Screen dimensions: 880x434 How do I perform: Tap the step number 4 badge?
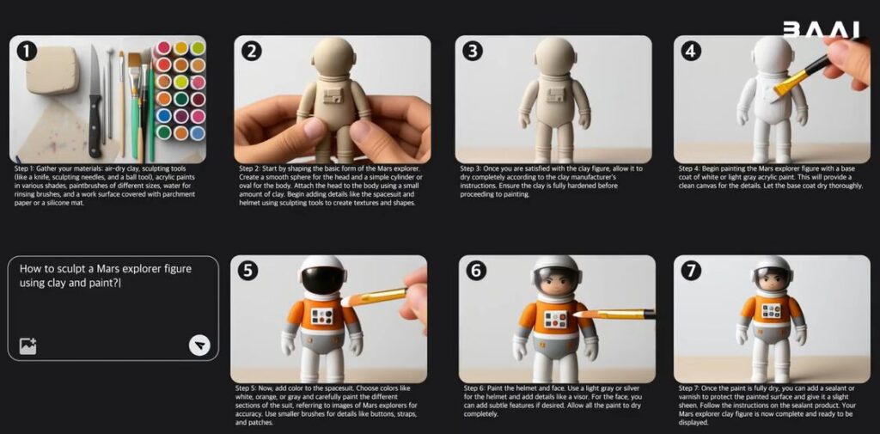(x=691, y=51)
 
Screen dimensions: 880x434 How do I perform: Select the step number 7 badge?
(x=691, y=271)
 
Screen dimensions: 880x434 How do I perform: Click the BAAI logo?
(x=821, y=30)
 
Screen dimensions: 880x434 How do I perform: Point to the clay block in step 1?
(x=52, y=69)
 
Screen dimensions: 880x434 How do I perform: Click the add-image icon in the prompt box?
(x=28, y=345)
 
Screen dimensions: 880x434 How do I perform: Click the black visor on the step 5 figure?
(x=322, y=279)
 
